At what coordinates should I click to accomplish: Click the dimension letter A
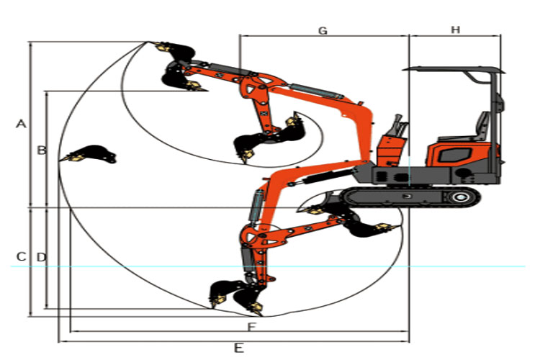pyautogui.click(x=21, y=124)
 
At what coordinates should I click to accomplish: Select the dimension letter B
pyautogui.click(x=42, y=150)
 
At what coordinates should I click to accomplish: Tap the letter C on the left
pyautogui.click(x=21, y=256)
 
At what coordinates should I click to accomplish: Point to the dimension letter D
pyautogui.click(x=41, y=256)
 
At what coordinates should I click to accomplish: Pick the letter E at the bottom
pyautogui.click(x=238, y=348)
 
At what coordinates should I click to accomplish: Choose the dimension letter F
pyautogui.click(x=251, y=328)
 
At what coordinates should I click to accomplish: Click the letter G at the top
pyautogui.click(x=323, y=30)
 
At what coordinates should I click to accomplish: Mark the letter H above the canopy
pyautogui.click(x=455, y=30)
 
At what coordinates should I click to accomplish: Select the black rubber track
pyautogui.click(x=410, y=197)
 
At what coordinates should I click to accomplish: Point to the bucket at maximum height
pyautogui.click(x=176, y=52)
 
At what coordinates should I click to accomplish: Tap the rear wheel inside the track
pyautogui.click(x=461, y=197)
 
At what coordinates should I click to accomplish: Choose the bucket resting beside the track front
pyautogui.click(x=367, y=227)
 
